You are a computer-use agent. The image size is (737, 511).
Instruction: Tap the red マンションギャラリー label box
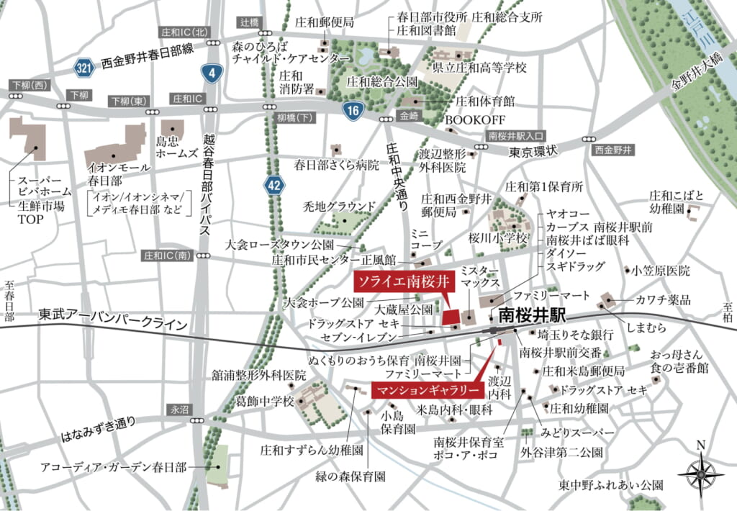coord(428,391)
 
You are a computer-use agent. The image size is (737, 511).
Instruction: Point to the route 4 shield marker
coord(212,72)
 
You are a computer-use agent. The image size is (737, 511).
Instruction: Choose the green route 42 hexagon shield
coord(273,184)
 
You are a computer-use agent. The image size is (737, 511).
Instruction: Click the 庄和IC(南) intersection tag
coord(167,256)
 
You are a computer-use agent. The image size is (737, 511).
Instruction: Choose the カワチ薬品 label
coord(663,299)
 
